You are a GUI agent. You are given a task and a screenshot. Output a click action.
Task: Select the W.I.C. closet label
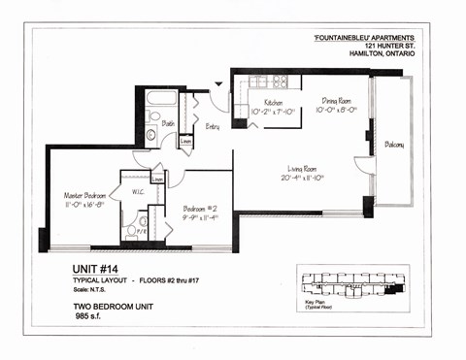138,191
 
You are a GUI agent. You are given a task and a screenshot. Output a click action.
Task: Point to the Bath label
168,124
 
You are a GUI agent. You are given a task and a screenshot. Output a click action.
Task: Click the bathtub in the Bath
160,100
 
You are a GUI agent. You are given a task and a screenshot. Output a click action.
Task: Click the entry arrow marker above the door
218,85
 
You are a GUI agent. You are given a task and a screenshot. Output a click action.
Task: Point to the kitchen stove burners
280,82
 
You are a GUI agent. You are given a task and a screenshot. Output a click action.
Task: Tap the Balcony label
393,145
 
